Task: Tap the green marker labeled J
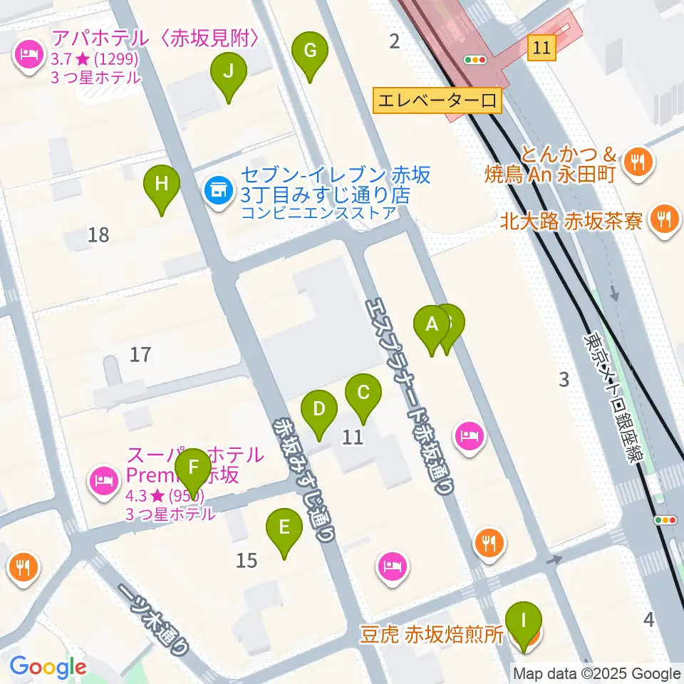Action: point(228,72)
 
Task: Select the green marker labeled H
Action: point(162,185)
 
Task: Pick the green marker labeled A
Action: point(431,325)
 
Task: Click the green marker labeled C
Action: point(363,393)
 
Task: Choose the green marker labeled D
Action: point(318,410)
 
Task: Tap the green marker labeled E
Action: point(284,528)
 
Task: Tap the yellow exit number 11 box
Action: point(541,48)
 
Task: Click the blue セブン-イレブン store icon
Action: point(217,190)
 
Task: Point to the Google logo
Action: point(48,667)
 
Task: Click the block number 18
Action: point(98,234)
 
